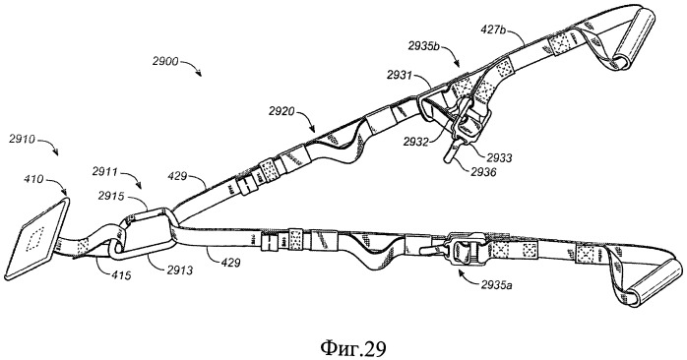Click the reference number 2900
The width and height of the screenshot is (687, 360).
click(165, 61)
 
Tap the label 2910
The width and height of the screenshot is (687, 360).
click(23, 140)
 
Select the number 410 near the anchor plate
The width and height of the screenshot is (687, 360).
click(32, 178)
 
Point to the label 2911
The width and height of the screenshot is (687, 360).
click(104, 171)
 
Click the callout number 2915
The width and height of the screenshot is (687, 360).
click(112, 196)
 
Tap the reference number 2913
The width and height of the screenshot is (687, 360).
click(179, 270)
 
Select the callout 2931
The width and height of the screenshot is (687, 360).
click(400, 76)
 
